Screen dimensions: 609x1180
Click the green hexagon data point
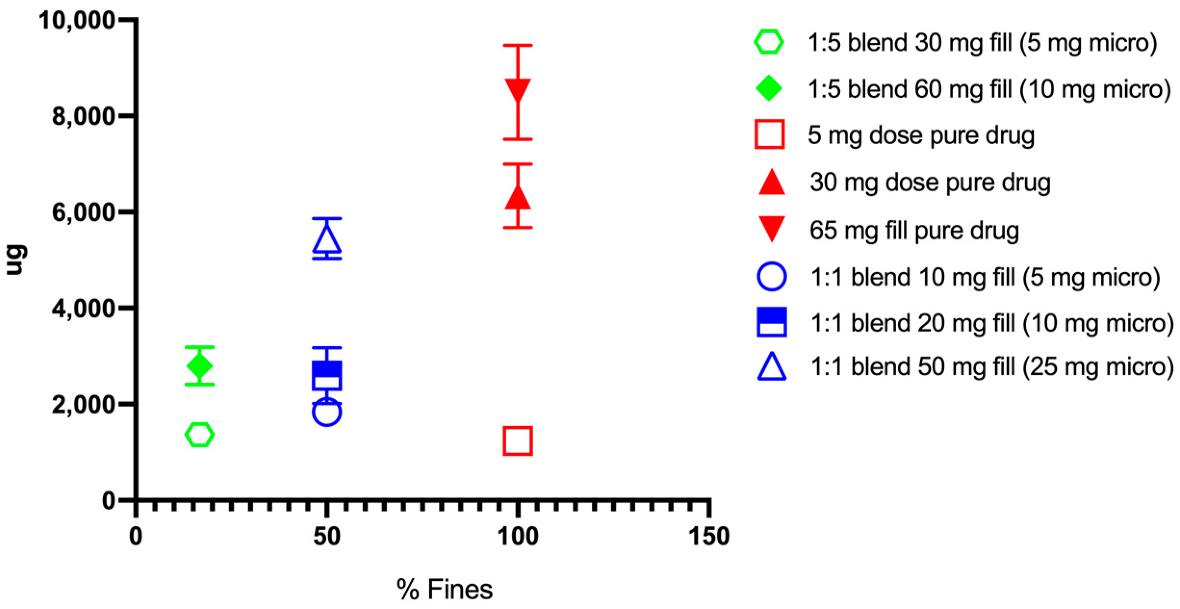click(199, 435)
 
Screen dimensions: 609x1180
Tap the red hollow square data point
click(517, 441)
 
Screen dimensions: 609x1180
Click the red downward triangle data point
click(518, 90)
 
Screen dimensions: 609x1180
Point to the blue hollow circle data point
click(327, 412)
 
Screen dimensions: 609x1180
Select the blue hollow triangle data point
click(327, 240)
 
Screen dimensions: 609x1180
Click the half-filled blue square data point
click(327, 375)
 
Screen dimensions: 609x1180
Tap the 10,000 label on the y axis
click(77, 21)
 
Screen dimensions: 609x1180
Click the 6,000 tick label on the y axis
click(83, 213)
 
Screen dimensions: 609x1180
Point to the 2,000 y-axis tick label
click(83, 405)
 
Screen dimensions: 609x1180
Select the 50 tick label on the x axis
click(326, 536)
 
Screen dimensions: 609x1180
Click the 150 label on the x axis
click(709, 536)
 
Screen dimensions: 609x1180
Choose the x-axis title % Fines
click(444, 589)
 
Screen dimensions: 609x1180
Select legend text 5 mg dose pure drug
click(921, 135)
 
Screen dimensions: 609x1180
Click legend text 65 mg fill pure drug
click(914, 230)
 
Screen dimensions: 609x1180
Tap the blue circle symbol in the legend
click(771, 277)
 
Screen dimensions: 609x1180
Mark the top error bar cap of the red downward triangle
click(518, 46)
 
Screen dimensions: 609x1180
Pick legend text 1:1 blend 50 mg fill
click(991, 367)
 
